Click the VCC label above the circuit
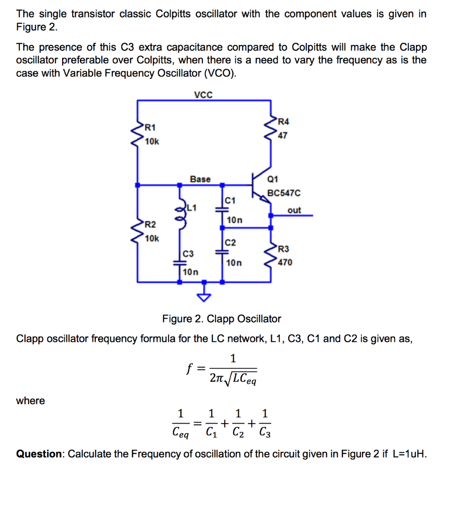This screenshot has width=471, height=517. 203,94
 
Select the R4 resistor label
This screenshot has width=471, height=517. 284,121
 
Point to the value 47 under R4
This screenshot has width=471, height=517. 283,135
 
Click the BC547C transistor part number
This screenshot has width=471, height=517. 284,193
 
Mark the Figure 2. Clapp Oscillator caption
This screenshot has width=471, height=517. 221,319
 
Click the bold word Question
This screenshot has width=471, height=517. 39,453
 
